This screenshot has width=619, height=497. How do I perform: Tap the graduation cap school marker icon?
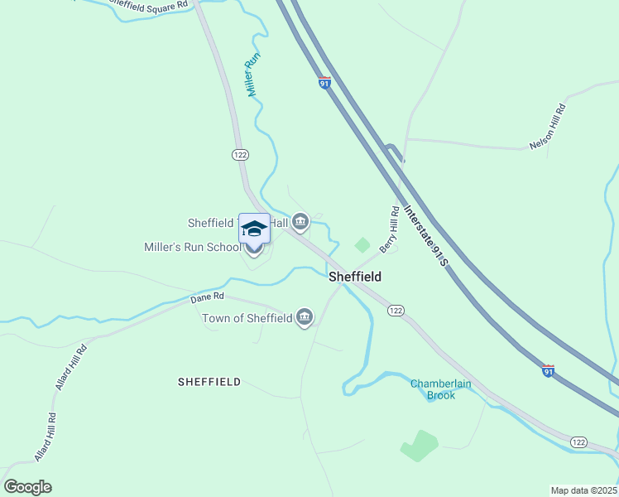click(x=254, y=229)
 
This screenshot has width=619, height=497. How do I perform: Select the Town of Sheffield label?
click(x=247, y=318)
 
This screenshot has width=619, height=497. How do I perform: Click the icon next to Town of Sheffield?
click(x=305, y=317)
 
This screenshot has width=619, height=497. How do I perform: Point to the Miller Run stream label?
click(x=254, y=75)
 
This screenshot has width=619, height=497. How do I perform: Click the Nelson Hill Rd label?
click(x=548, y=127)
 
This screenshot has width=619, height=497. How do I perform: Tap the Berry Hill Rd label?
click(x=390, y=229)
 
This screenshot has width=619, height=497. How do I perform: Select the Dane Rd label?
click(x=207, y=297)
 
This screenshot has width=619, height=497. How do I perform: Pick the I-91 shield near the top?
click(x=324, y=83)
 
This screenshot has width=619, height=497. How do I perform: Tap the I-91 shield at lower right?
click(x=547, y=370)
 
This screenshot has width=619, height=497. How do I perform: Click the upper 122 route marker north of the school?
click(x=240, y=155)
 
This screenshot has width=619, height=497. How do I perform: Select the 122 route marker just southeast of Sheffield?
click(x=396, y=310)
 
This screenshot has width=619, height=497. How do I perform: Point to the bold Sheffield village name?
click(x=355, y=277)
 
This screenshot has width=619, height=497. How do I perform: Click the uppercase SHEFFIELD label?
click(x=209, y=382)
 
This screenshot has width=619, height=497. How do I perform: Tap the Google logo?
click(x=27, y=486)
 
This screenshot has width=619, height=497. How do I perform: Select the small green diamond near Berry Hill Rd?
click(x=362, y=244)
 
